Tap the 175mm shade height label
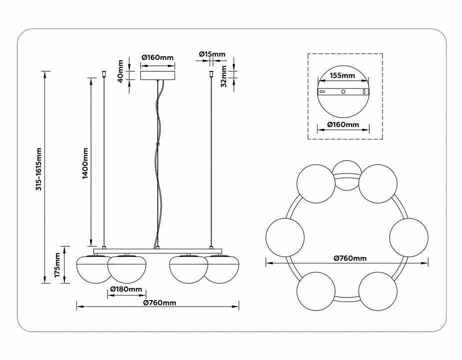tap(57, 265)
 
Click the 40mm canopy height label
tap(120, 72)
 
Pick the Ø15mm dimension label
tap(212, 54)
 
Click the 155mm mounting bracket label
tap(342, 76)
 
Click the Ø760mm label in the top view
tap(350, 258)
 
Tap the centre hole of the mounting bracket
tap(343, 92)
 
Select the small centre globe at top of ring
tap(346, 175)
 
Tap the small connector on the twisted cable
tap(157, 144)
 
